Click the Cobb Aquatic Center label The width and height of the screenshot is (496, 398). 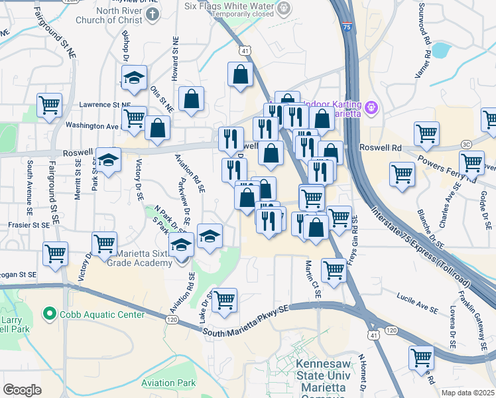pos(86,312)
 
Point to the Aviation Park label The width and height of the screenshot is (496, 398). pos(168,383)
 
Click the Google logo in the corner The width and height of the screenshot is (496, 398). pos(22,390)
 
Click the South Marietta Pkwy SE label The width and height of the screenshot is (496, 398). pos(246,320)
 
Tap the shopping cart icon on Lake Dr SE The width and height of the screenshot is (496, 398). pos(225,298)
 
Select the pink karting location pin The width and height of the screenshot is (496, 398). pos(371,106)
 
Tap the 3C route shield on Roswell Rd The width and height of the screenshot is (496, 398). pos(467,145)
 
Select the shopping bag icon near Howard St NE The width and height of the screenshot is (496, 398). pos(192,99)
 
